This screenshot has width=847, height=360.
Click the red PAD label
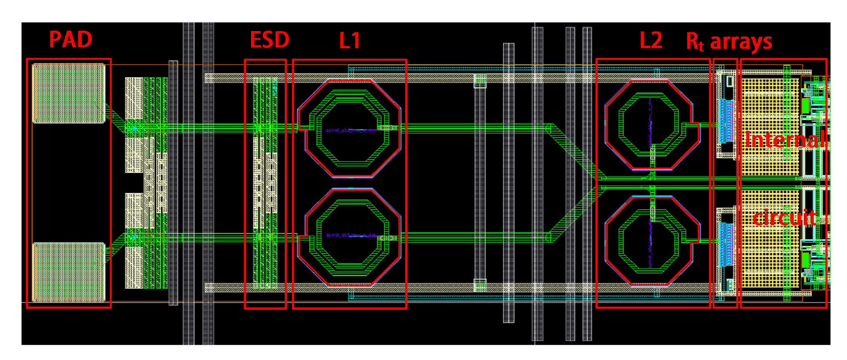pyautogui.click(x=71, y=39)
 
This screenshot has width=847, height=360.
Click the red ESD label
pyautogui.click(x=269, y=40)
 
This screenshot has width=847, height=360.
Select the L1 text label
pyautogui.click(x=350, y=40)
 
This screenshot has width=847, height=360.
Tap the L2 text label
pyautogui.click(x=651, y=40)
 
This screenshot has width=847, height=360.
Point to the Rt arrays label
pyautogui.click(x=729, y=41)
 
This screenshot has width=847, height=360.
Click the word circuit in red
pyautogui.click(x=784, y=218)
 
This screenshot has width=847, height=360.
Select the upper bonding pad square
pyautogui.click(x=69, y=94)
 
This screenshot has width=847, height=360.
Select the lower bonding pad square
pyautogui.click(x=69, y=272)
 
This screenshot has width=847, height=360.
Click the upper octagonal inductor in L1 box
pyautogui.click(x=349, y=128)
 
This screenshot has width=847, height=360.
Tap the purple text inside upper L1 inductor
pyautogui.click(x=351, y=130)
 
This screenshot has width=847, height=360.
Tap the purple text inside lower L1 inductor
pyautogui.click(x=351, y=235)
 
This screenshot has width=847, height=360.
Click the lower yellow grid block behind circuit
pyautogui.click(x=770, y=261)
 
